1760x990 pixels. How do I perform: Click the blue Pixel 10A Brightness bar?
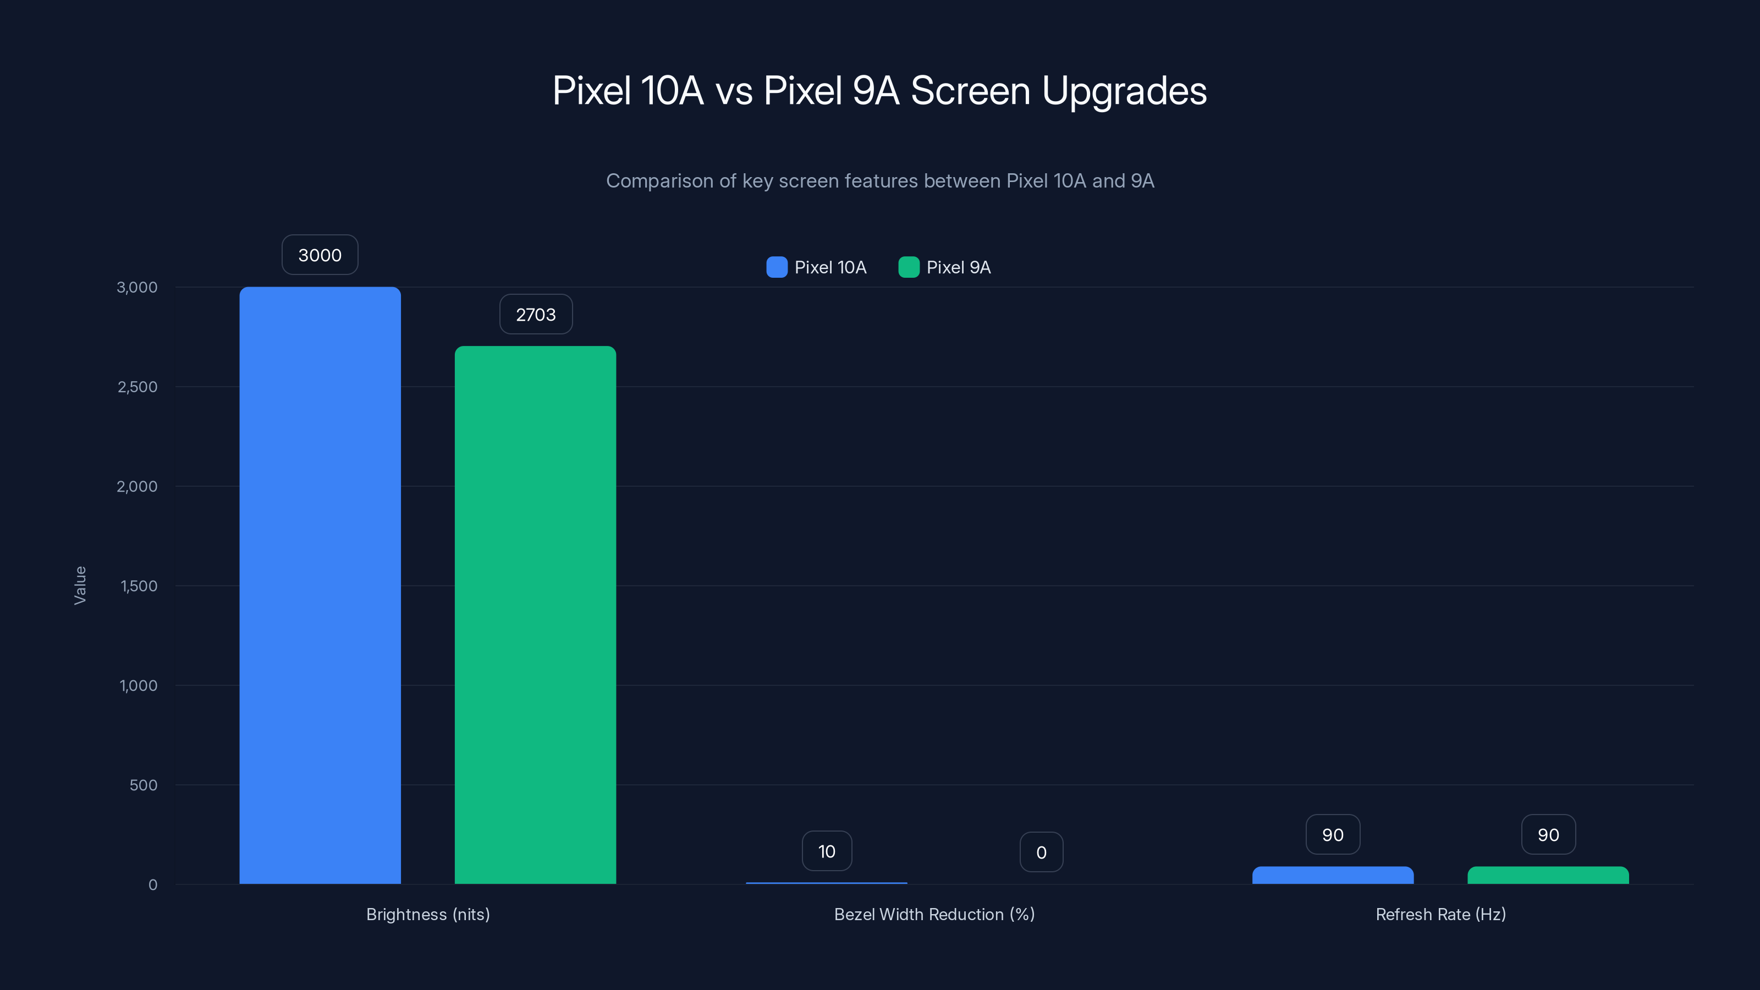click(x=320, y=585)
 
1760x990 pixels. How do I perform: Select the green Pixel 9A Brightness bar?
click(x=535, y=615)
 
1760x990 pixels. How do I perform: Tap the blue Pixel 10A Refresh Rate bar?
click(x=1332, y=875)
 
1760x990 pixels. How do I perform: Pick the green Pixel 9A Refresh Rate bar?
click(x=1548, y=875)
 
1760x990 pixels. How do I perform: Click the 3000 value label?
click(x=320, y=255)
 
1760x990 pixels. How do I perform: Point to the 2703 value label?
click(x=536, y=314)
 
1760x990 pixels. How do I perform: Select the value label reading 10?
click(x=827, y=851)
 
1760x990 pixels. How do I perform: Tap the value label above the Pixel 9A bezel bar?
click(x=1041, y=852)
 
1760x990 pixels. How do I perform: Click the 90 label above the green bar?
click(x=1548, y=835)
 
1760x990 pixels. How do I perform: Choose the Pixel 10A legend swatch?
click(x=777, y=267)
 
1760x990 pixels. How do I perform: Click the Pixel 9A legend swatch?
click(x=909, y=267)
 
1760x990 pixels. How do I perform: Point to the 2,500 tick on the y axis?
click(x=137, y=387)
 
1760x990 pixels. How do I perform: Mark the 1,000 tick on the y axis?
click(x=138, y=685)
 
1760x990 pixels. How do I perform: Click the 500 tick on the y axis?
click(x=144, y=785)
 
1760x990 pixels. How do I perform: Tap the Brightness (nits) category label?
click(x=428, y=914)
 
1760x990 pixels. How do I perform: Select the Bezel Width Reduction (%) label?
click(x=934, y=914)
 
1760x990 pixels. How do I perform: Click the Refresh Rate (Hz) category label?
click(x=1440, y=914)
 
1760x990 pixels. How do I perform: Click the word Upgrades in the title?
click(x=1124, y=91)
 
